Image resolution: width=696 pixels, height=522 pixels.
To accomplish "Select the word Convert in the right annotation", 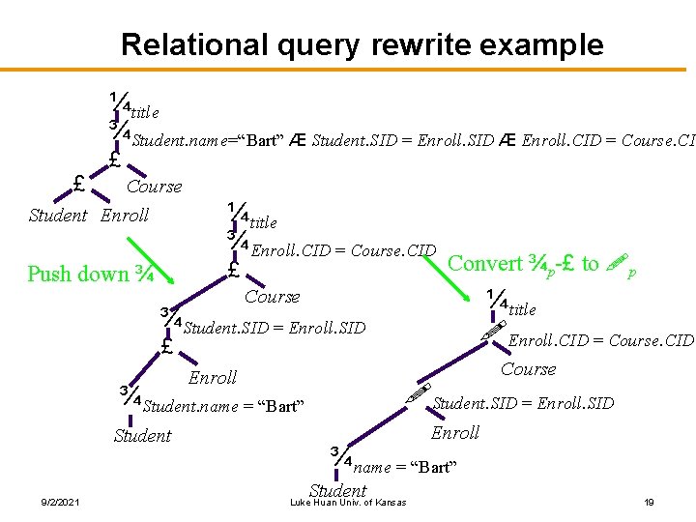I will (486, 263).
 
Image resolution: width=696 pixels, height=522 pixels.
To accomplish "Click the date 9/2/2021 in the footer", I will (60, 501).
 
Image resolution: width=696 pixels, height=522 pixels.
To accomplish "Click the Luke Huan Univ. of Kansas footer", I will (348, 501).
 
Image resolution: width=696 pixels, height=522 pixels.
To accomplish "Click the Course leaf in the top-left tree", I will (154, 187).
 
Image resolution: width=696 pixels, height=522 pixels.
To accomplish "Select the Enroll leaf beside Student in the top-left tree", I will (125, 216).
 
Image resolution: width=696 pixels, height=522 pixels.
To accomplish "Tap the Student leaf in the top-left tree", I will (58, 216).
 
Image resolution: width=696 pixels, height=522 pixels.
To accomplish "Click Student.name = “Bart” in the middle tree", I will (223, 406).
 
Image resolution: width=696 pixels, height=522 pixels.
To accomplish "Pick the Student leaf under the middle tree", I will (142, 436).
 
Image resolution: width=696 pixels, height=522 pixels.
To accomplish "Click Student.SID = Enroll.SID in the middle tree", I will (275, 328).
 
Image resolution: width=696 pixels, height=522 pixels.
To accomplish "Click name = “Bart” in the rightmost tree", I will (404, 468).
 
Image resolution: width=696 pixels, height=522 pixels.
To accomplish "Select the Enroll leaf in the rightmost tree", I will (454, 433).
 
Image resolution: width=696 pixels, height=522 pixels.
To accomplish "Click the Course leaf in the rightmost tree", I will (528, 369).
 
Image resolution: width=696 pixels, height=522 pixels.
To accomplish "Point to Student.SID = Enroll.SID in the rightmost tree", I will (523, 403).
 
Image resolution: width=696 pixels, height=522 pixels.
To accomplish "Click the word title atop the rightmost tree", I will (522, 309).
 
